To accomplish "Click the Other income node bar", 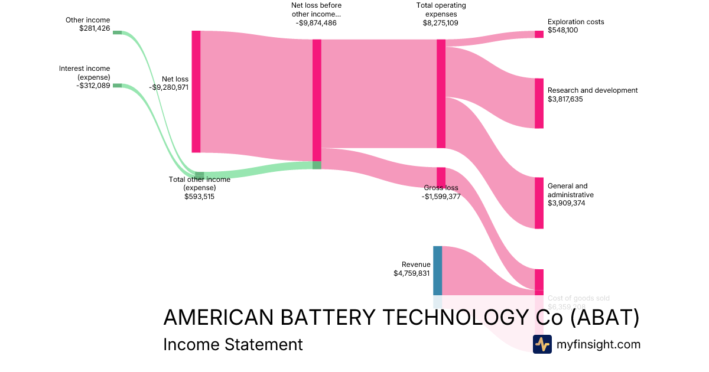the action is (x=117, y=32).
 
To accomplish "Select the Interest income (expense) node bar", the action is (x=117, y=86).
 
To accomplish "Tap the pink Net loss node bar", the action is (x=196, y=92).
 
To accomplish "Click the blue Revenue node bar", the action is (x=437, y=270).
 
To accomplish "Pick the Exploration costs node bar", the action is (x=539, y=34).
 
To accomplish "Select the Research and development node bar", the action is (x=539, y=103).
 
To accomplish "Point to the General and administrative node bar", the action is (x=539, y=203).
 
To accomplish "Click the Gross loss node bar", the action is (x=441, y=177).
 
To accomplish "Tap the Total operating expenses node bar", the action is (x=441, y=94).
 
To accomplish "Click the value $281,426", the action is (x=95, y=28).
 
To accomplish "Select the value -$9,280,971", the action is (x=168, y=87).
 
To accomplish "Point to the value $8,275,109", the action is (x=440, y=23).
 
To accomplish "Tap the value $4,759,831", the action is (x=412, y=273).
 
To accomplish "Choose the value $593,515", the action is (x=200, y=197).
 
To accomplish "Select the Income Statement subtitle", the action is (x=233, y=344).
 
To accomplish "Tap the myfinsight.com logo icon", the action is (x=542, y=344).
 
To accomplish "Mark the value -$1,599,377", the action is (x=441, y=197).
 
